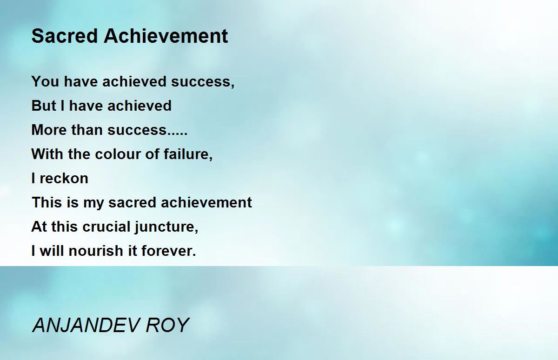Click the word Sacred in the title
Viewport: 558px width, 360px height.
(65, 36)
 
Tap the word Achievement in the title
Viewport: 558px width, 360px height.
(166, 36)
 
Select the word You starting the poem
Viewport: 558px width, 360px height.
(45, 81)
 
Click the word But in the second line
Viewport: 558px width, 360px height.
(44, 106)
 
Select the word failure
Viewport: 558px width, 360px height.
(188, 154)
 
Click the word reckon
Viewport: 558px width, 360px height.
(64, 178)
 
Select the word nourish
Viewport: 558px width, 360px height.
(96, 251)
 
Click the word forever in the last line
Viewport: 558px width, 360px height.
(169, 251)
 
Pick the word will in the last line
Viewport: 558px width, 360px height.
(52, 251)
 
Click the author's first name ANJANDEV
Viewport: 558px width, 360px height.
(86, 325)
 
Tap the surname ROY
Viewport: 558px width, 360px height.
(167, 325)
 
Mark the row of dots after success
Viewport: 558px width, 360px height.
(177, 134)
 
